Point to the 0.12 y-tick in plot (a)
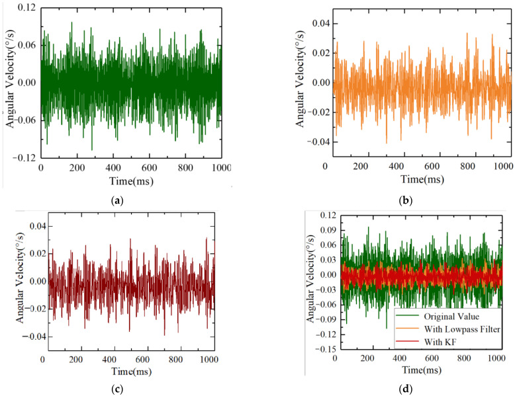point(25,7)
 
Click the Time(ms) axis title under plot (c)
point(119,372)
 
